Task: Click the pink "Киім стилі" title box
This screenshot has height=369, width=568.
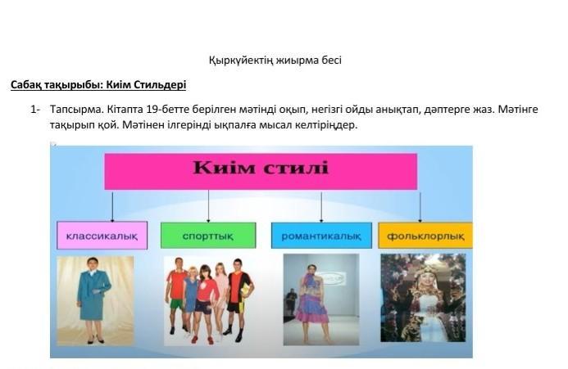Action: coord(261,172)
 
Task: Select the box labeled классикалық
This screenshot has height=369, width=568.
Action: coord(102,236)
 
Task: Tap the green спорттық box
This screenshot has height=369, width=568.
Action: coord(208,236)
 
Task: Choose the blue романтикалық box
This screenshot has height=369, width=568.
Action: coord(321,236)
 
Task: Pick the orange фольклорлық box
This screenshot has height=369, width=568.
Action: coord(425,236)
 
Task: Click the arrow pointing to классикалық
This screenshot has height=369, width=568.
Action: coord(112,206)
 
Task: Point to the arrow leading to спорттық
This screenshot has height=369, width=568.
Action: coord(208,206)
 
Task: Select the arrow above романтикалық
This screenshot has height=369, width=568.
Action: coord(321,207)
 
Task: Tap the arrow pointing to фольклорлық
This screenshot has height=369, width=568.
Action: coord(420,207)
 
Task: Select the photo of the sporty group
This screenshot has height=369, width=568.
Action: coord(209,300)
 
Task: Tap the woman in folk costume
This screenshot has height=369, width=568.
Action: coord(423,298)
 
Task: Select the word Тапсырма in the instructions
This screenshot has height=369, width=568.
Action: coord(77,110)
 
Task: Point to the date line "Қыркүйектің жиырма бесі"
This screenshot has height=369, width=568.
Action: coord(275,60)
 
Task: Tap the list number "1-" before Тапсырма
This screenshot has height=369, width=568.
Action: coord(35,110)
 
